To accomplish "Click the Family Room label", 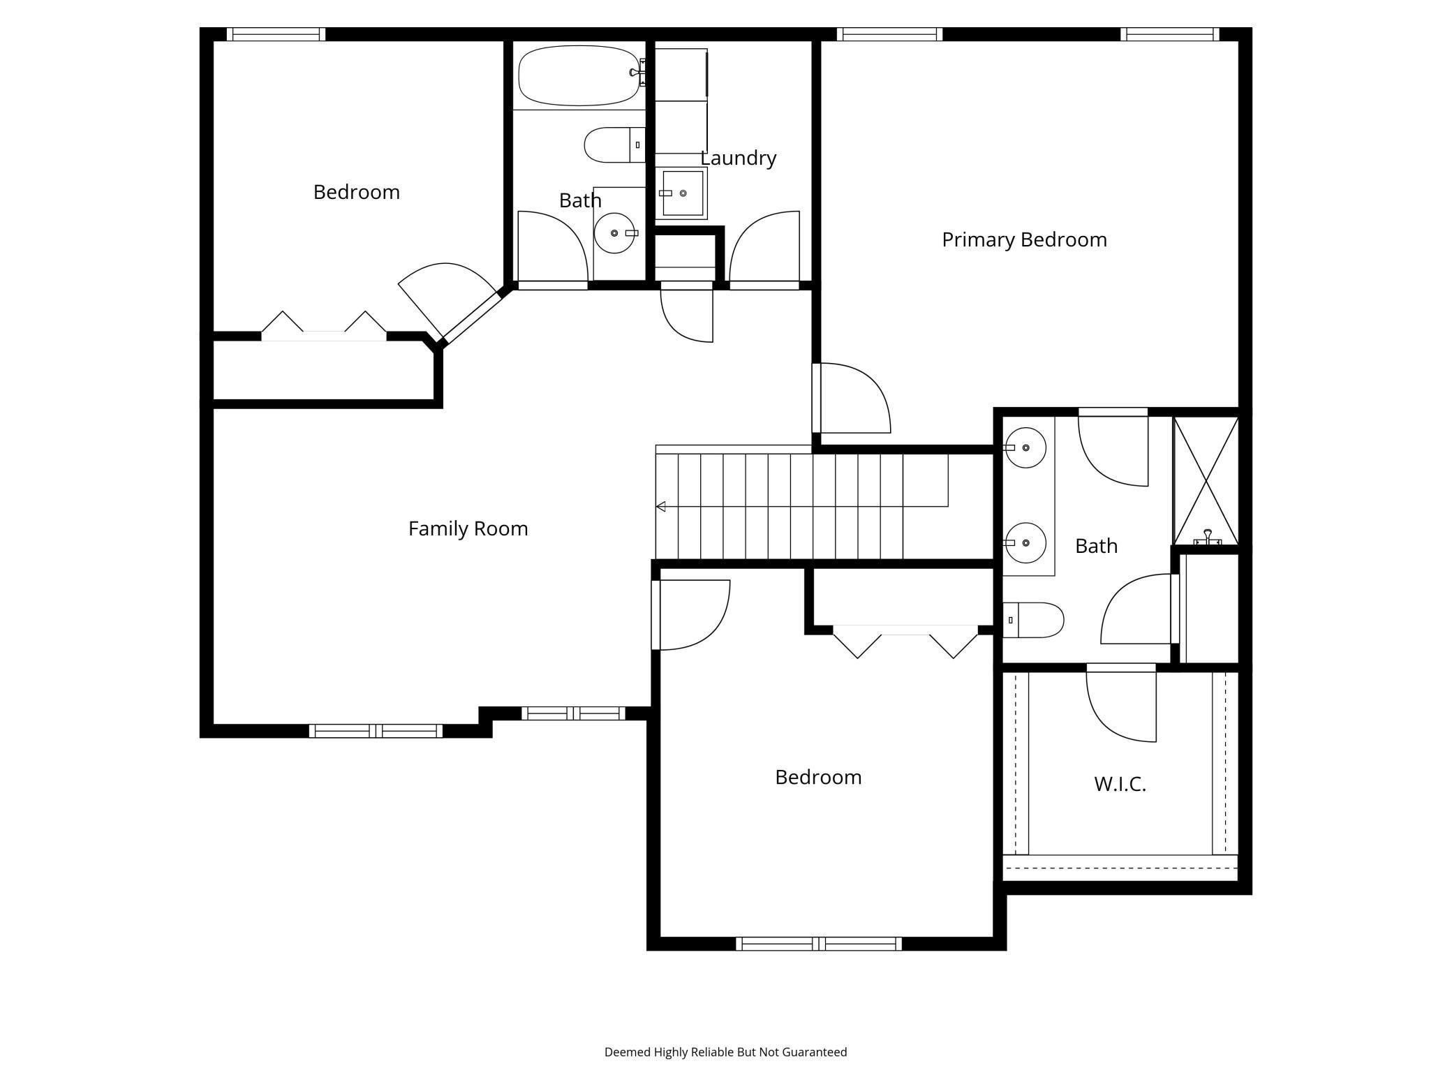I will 468,528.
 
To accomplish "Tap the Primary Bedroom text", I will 1023,239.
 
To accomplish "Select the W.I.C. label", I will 1120,784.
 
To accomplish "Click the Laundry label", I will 738,158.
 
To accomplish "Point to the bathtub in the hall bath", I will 578,75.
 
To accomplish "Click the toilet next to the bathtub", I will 613,145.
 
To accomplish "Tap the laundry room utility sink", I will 681,193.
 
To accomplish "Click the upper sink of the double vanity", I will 1025,447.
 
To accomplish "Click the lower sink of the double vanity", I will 1025,542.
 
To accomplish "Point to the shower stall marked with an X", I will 1206,480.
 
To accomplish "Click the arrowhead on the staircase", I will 661,506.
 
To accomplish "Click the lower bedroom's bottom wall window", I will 818,944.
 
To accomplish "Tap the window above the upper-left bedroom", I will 276,34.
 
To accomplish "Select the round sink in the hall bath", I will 614,233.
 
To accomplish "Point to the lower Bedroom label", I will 818,777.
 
